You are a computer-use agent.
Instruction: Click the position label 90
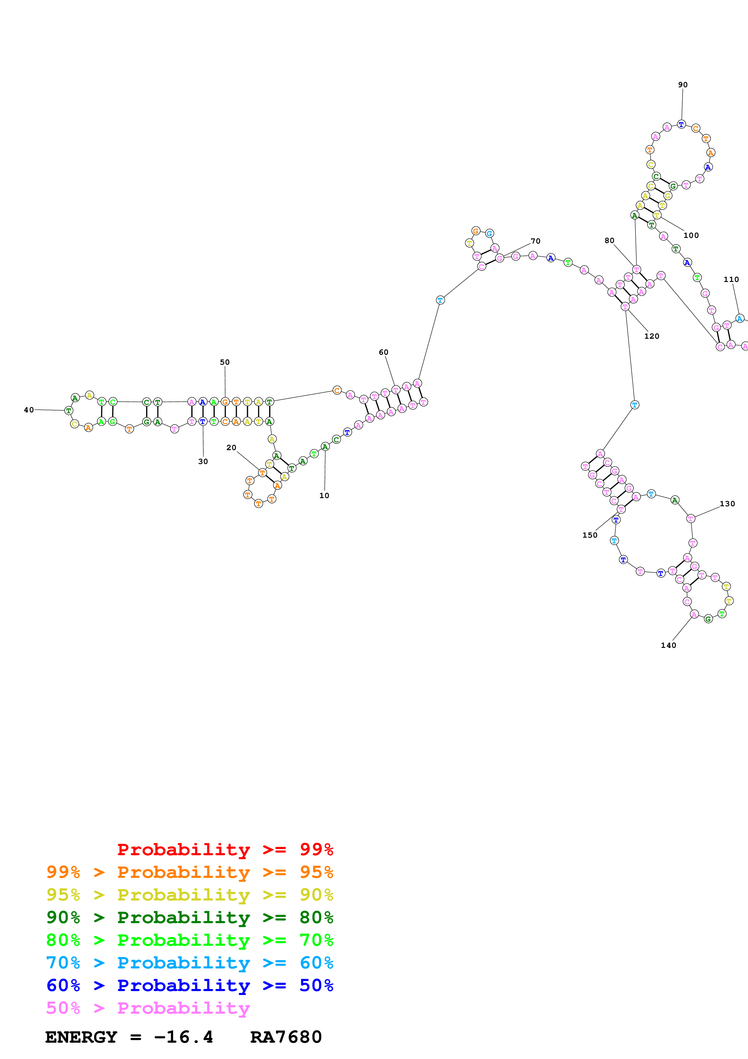[x=683, y=85]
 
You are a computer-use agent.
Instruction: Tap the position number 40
[x=29, y=410]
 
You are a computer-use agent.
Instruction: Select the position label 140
[x=668, y=645]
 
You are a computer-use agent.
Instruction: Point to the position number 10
[x=324, y=495]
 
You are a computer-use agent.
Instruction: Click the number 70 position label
[x=535, y=241]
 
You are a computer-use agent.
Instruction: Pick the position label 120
[x=651, y=336]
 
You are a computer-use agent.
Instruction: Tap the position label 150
[x=590, y=535]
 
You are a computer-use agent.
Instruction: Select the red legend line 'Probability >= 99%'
[x=225, y=849]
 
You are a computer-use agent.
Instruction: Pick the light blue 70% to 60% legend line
[x=189, y=963]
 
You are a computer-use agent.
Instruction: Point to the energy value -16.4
[x=183, y=1037]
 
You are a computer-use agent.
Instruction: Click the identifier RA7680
[x=286, y=1037]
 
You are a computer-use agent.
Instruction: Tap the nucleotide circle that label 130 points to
[x=690, y=518]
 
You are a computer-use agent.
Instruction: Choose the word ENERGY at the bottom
[x=81, y=1037]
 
